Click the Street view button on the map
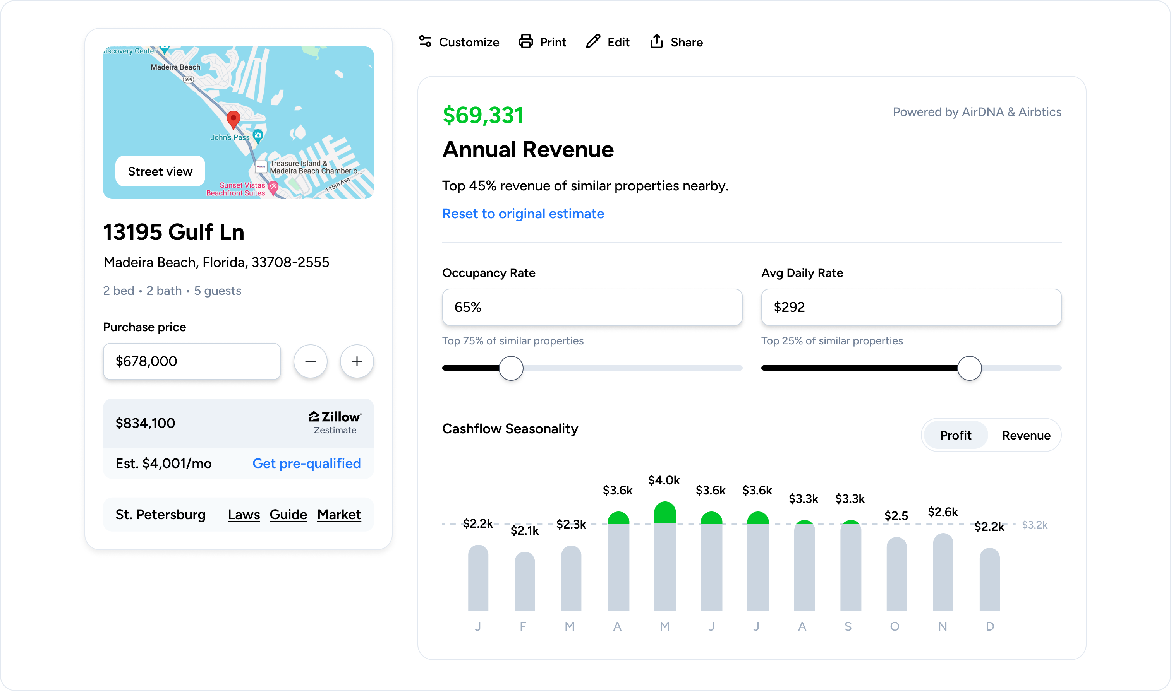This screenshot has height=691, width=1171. pyautogui.click(x=160, y=171)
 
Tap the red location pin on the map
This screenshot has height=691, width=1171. pyautogui.click(x=233, y=119)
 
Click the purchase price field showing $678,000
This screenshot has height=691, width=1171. pyautogui.click(x=192, y=361)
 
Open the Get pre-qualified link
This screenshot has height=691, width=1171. pyautogui.click(x=306, y=463)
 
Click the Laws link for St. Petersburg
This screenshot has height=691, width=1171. pyautogui.click(x=244, y=515)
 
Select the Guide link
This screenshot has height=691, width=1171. pyautogui.click(x=288, y=515)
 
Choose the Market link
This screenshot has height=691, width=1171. pyautogui.click(x=339, y=515)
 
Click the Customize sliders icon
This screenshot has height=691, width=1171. pyautogui.click(x=425, y=41)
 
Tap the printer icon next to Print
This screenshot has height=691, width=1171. pyautogui.click(x=525, y=41)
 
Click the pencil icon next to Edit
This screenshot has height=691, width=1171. pyautogui.click(x=593, y=41)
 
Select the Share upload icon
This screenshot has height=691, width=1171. pyautogui.click(x=657, y=41)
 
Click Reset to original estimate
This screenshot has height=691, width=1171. pyautogui.click(x=523, y=214)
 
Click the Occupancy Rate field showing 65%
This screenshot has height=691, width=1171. pyautogui.click(x=592, y=307)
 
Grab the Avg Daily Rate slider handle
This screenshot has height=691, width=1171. pyautogui.click(x=969, y=368)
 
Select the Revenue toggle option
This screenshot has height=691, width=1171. pyautogui.click(x=1026, y=435)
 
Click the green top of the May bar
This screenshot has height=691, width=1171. pyautogui.click(x=664, y=513)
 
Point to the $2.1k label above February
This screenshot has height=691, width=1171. pyautogui.click(x=524, y=531)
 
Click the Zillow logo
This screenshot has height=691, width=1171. pyautogui.click(x=335, y=417)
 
